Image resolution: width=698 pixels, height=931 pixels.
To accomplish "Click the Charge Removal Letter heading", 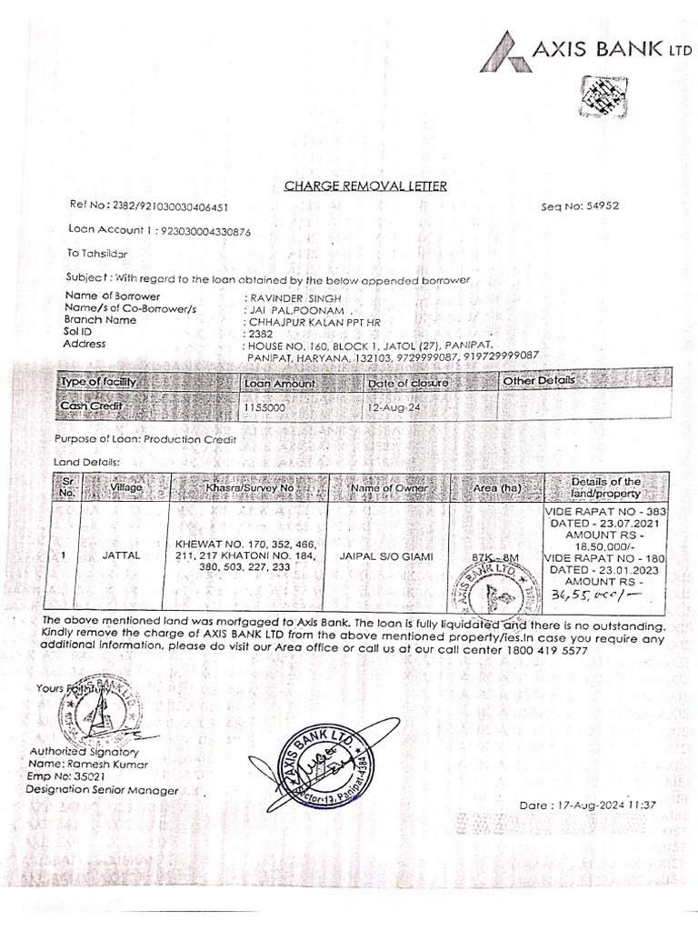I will pos(365,186).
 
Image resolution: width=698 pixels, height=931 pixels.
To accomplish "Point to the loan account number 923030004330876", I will pos(205,232).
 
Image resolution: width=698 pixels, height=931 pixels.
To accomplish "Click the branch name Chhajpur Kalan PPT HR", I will pos(306,321).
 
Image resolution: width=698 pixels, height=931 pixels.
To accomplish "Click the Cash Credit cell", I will pos(91,406).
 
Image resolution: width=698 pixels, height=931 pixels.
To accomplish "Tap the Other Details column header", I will pos(540,381).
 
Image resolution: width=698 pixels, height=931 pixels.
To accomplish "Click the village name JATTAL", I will pos(122,554).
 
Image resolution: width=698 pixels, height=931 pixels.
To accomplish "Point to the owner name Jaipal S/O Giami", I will pos(386,555).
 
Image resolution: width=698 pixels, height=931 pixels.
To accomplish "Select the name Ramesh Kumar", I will pos(124,765).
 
